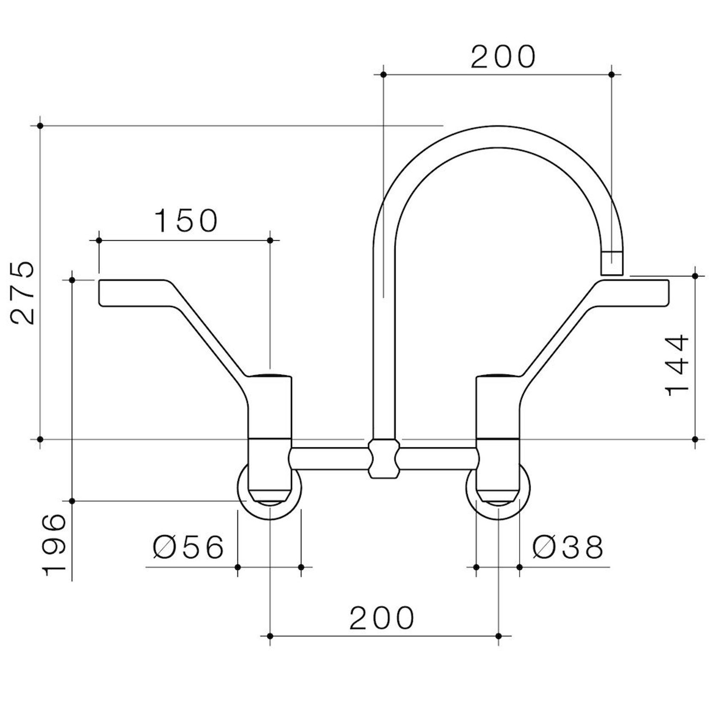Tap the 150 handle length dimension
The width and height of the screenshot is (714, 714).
(x=186, y=221)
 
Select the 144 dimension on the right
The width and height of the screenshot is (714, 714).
(x=677, y=365)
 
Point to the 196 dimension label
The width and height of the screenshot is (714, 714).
(x=55, y=545)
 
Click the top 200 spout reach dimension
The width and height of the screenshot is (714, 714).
(x=503, y=57)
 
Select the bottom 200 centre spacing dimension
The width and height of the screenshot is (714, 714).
(x=382, y=618)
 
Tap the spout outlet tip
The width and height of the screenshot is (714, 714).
(x=612, y=264)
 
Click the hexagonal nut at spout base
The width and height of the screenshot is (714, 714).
(x=384, y=459)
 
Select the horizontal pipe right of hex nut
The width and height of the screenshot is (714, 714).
(x=439, y=459)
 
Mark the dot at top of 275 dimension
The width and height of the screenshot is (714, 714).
(x=40, y=126)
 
